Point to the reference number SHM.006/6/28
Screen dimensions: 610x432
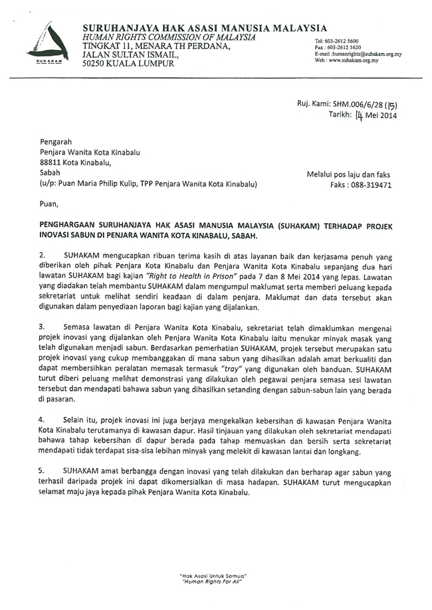point(358,105)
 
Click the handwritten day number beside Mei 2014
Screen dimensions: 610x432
point(360,115)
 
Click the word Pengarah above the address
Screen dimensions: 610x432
point(55,142)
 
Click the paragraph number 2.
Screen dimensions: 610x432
point(42,255)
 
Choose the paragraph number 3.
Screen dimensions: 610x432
point(42,327)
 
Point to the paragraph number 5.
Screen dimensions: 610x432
point(42,470)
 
